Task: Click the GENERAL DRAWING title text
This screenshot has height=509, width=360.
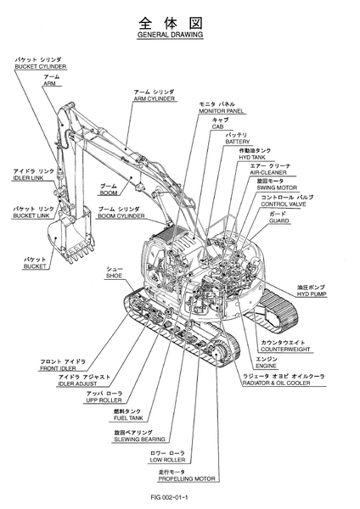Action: [170, 35]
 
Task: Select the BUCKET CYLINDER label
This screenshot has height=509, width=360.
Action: [41, 66]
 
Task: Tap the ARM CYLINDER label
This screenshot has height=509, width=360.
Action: [155, 98]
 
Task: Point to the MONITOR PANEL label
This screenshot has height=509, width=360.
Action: [221, 110]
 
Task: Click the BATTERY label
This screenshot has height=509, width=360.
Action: [238, 142]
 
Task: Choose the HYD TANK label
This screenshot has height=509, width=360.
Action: [252, 158]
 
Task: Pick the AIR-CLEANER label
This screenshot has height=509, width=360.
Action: [268, 172]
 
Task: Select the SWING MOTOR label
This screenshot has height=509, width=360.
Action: [277, 187]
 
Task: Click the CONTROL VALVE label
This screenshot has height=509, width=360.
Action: [284, 204]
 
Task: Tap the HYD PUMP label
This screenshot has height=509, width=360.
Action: [312, 294]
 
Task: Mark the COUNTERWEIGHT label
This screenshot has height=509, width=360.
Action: [285, 350]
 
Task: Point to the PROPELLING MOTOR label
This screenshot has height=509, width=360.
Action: [187, 478]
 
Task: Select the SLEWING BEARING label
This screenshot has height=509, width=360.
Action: [140, 439]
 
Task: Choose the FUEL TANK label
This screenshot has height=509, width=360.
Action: [128, 418]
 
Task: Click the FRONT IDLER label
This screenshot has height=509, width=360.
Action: [58, 368]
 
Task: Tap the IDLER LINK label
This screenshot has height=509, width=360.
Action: [28, 178]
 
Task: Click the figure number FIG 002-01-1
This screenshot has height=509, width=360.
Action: [169, 497]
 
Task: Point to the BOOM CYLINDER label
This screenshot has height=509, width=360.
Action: [121, 215]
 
